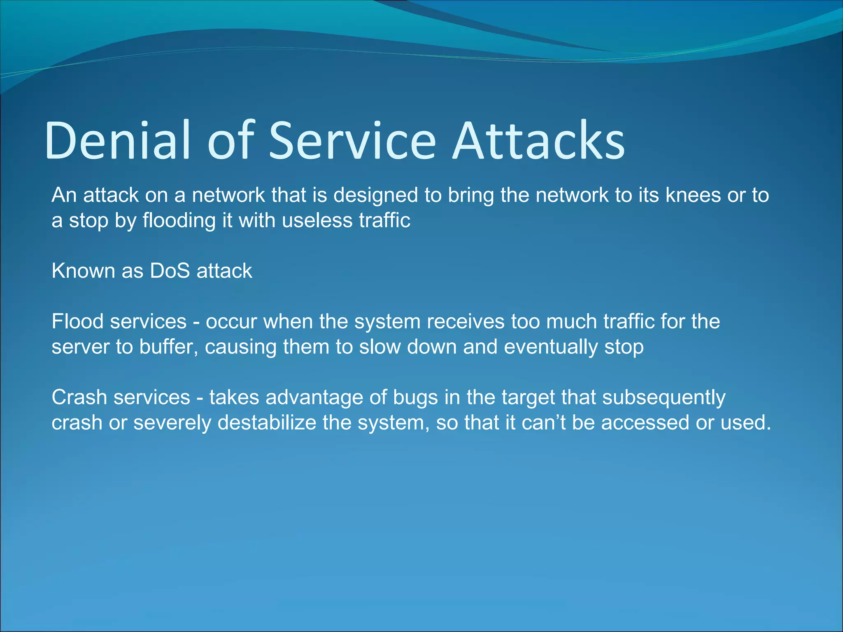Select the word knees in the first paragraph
(693, 195)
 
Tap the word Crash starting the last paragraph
(79, 397)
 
